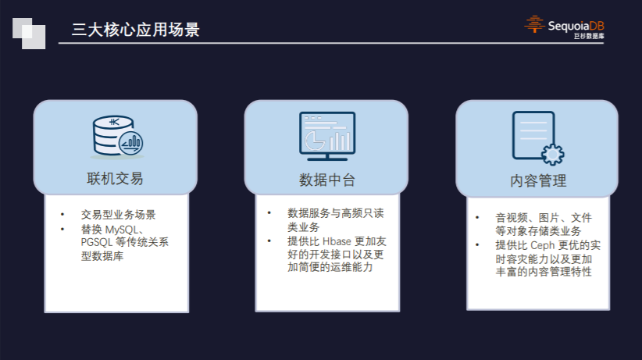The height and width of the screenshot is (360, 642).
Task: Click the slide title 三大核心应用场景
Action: pos(136,30)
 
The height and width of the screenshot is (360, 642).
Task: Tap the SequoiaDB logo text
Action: pos(576,27)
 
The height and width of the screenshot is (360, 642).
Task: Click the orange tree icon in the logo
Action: pos(534,24)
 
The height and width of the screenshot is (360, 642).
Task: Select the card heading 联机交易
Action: pos(115,179)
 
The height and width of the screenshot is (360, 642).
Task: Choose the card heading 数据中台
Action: pos(326,180)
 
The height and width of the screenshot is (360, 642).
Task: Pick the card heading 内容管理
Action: pos(538,180)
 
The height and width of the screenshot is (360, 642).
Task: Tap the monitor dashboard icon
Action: pos(327,136)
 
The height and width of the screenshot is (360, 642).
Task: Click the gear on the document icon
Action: pos(553,155)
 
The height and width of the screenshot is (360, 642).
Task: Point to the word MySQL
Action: pos(122,230)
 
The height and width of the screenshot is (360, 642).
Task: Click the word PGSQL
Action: pos(97,242)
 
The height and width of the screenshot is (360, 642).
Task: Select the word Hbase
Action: pos(337,241)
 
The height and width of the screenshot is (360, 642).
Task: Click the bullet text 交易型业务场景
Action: pos(119,215)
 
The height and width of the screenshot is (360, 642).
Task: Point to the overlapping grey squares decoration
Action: pos(29,33)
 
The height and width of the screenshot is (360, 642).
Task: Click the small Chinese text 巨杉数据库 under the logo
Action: pos(589,36)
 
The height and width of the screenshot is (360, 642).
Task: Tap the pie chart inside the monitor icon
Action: pos(316,141)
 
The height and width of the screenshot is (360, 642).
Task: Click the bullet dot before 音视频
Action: pos(477,217)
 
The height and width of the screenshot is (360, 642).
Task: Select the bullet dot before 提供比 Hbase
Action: pos(269,241)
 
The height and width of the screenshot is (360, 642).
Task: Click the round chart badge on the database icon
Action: pos(130,143)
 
